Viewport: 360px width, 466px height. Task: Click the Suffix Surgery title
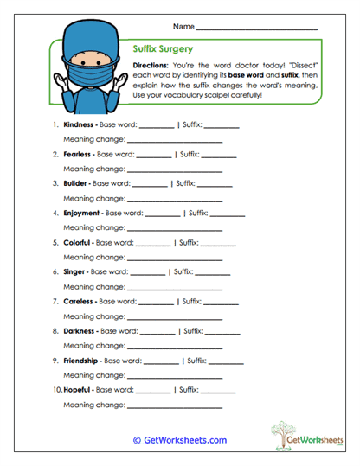pyautogui.click(x=164, y=50)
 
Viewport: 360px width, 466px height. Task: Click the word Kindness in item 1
pyautogui.click(x=79, y=124)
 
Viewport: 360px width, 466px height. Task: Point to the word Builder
pyautogui.click(x=76, y=183)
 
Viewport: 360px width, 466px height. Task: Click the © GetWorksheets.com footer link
pyautogui.click(x=179, y=440)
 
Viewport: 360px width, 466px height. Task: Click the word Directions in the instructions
pyautogui.click(x=152, y=66)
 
